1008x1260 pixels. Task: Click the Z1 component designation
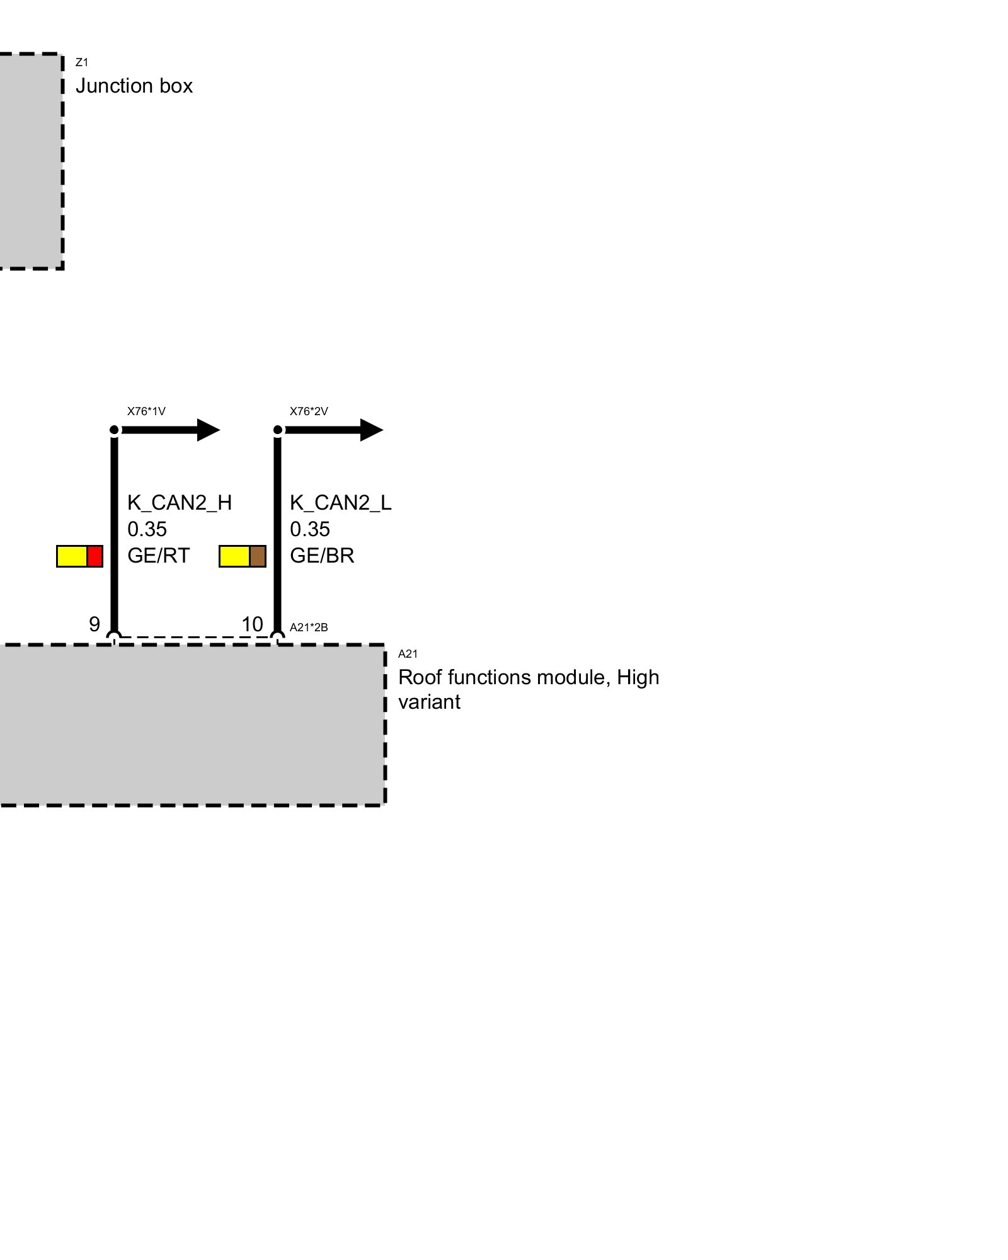pos(81,62)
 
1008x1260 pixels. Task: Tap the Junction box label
pos(134,86)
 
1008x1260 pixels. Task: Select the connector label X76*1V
pos(146,411)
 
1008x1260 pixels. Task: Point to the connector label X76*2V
pos(309,411)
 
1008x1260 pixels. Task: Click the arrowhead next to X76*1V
pos(208,430)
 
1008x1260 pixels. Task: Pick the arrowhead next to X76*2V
pos(371,430)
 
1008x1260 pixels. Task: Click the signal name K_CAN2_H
pos(180,503)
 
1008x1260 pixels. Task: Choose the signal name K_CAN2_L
pos(340,503)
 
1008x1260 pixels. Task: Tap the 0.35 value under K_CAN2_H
pos(147,529)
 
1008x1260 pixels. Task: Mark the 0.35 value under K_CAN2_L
pos(309,529)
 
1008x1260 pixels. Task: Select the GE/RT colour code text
pos(158,556)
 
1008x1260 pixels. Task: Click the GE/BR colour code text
pos(322,556)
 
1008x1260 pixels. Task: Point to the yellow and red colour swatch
pos(79,556)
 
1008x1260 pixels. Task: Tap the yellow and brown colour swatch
pos(242,556)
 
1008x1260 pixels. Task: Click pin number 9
pos(94,624)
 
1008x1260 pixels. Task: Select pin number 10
pos(252,624)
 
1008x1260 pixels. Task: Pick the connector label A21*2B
pos(309,627)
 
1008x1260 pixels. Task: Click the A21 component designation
pos(408,654)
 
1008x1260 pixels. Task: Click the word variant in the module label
pos(429,702)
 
